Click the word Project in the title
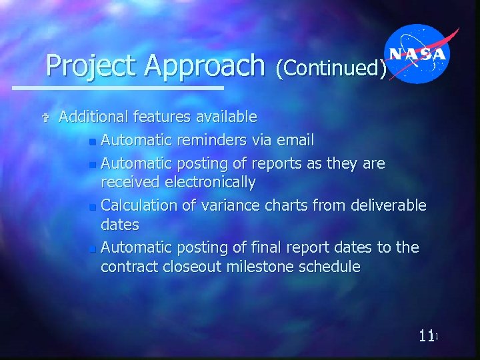pos(91,66)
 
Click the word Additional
pos(93,117)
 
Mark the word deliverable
pos(385,204)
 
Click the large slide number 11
pos(426,336)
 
